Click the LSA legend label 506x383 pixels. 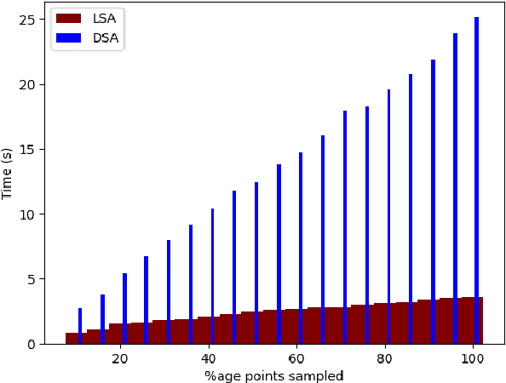coord(105,19)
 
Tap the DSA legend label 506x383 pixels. coord(106,39)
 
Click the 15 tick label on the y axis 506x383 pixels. coord(31,150)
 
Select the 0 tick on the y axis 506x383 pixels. coord(34,344)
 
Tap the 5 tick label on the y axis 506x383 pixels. coord(34,279)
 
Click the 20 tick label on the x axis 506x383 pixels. coord(120,358)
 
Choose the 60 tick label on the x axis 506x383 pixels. coord(296,358)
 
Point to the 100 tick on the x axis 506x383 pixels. coord(473,358)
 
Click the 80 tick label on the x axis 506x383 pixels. coord(385,358)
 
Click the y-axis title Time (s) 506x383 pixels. coord(9,174)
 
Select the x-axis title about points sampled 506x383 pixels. coord(273,375)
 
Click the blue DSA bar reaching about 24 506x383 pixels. coord(455,170)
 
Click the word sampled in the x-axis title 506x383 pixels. coord(319,375)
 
